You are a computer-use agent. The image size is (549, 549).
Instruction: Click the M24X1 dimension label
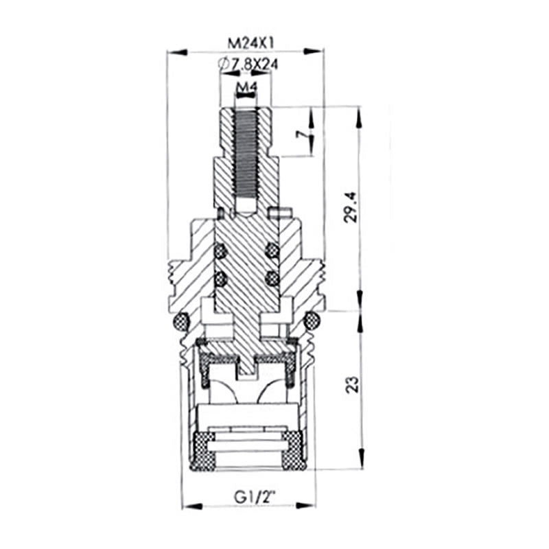[x=250, y=43]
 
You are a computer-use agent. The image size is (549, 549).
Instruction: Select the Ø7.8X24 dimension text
[x=247, y=64]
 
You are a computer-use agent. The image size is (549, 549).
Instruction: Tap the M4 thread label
[x=246, y=86]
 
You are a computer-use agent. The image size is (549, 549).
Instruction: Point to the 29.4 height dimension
[x=351, y=207]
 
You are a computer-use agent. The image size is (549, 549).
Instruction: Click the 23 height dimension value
[x=352, y=384]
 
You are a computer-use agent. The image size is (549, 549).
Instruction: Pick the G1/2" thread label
[x=255, y=497]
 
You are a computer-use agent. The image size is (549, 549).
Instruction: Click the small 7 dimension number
[x=301, y=134]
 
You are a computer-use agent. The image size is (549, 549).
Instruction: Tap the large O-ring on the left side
[x=181, y=320]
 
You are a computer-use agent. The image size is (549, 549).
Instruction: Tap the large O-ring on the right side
[x=312, y=320]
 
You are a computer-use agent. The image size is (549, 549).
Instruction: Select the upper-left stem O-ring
[x=220, y=250]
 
